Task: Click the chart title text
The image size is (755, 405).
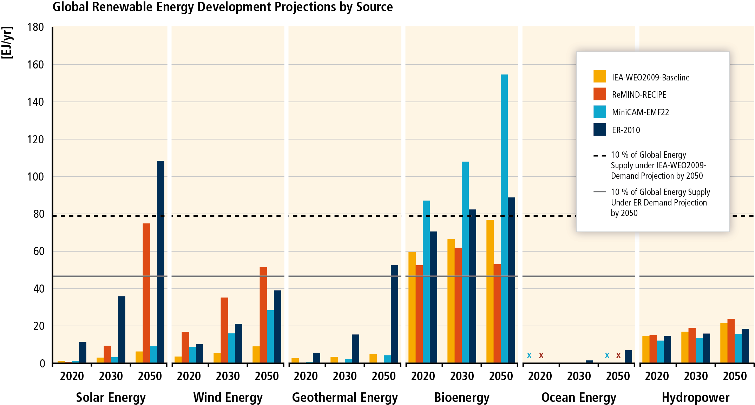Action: pos(222,7)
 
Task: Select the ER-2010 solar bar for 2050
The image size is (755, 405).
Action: pos(160,262)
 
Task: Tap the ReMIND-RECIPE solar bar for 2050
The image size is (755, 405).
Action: pos(146,293)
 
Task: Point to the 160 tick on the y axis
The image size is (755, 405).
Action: pos(35,65)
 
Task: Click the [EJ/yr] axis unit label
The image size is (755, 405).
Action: pos(7,43)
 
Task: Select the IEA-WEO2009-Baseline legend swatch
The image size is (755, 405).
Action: pos(599,77)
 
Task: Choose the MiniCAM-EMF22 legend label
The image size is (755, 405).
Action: pos(640,112)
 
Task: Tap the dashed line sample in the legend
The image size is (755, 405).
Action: pos(599,155)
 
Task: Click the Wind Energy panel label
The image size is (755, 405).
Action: pos(228,397)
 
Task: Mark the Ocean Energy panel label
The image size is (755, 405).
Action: pos(579,397)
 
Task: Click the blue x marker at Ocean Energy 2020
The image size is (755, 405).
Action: pos(529,355)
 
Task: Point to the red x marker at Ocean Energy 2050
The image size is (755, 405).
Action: pos(618,355)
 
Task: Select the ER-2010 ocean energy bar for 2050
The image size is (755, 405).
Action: pos(628,356)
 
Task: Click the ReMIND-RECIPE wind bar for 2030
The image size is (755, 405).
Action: pos(224,330)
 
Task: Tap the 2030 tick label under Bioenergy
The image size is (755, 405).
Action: pos(462,376)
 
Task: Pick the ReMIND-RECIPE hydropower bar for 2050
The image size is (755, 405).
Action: pos(731,341)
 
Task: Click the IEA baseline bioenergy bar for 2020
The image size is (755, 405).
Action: pos(412,307)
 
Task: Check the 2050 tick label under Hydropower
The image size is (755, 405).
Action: pos(735,376)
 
